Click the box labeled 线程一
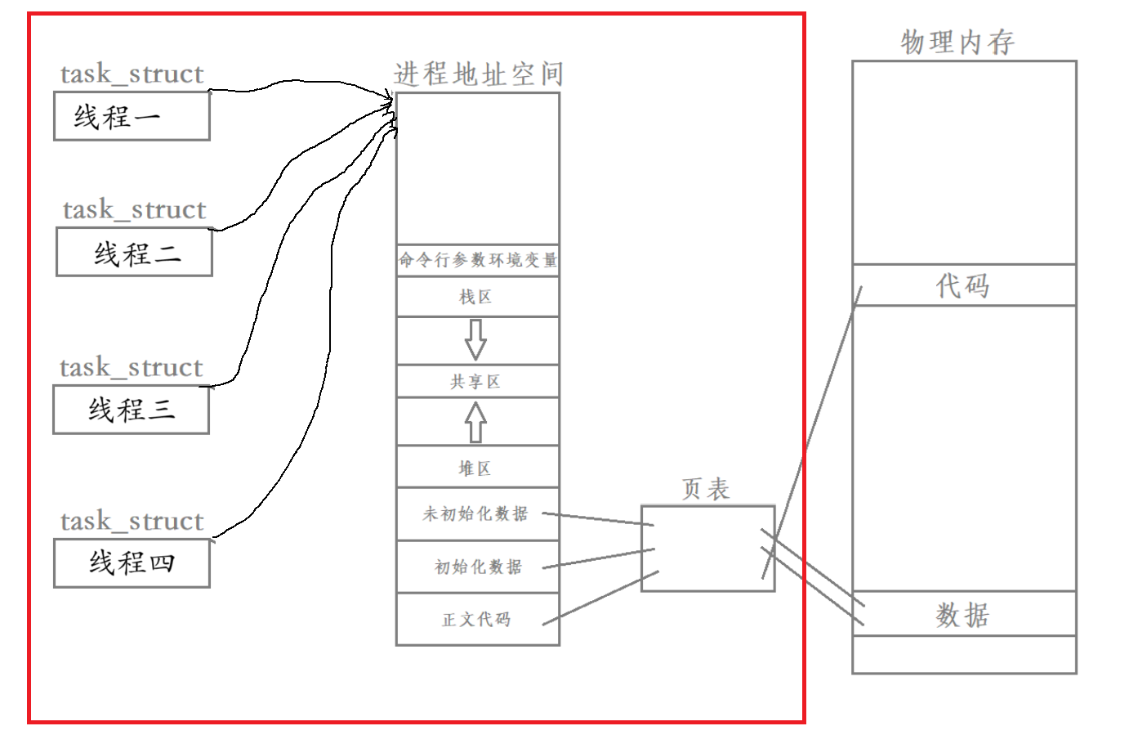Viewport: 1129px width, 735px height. pyautogui.click(x=132, y=116)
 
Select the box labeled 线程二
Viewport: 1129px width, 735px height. pyautogui.click(x=134, y=253)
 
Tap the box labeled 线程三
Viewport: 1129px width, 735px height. pyautogui.click(x=131, y=410)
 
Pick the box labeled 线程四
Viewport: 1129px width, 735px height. pyautogui.click(x=132, y=562)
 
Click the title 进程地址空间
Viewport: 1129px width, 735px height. pyautogui.click(x=478, y=74)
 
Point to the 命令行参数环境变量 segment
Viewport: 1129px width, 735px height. pyautogui.click(x=478, y=261)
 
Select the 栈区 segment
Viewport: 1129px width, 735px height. pyautogui.click(x=478, y=297)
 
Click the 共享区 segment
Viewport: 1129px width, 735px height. pyautogui.click(x=478, y=382)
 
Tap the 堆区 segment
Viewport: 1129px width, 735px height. pyautogui.click(x=478, y=468)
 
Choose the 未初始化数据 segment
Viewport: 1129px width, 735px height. pyautogui.click(x=478, y=514)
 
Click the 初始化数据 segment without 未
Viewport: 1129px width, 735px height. pyautogui.click(x=478, y=567)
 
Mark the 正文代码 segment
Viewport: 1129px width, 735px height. pyautogui.click(x=478, y=620)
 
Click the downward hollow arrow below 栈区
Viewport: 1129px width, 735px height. pyautogui.click(x=475, y=339)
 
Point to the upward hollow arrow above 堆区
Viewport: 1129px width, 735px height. pyautogui.click(x=475, y=422)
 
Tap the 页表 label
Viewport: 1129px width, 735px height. pyautogui.click(x=706, y=489)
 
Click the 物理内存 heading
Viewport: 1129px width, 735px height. pyautogui.click(x=957, y=42)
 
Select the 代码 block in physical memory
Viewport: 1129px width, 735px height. pyautogui.click(x=964, y=285)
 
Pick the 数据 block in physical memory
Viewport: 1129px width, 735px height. pyautogui.click(x=964, y=614)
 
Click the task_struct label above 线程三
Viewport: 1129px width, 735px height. pyautogui.click(x=131, y=367)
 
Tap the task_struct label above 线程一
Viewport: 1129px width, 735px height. pyautogui.click(x=132, y=74)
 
